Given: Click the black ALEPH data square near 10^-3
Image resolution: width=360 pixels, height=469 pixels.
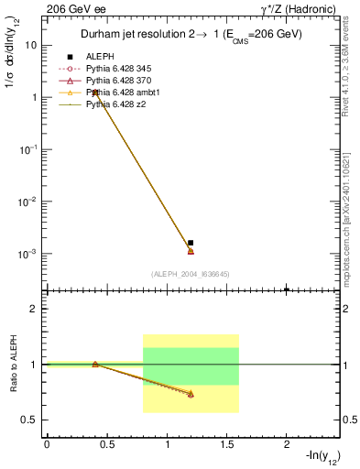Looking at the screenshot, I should coord(191,243).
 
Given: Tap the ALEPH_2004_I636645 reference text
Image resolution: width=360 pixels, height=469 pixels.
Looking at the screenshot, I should coord(191,274).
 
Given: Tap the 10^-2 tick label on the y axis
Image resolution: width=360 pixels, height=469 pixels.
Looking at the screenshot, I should coord(28,201).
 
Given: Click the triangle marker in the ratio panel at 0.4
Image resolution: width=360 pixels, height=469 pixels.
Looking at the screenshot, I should coord(95,365).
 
